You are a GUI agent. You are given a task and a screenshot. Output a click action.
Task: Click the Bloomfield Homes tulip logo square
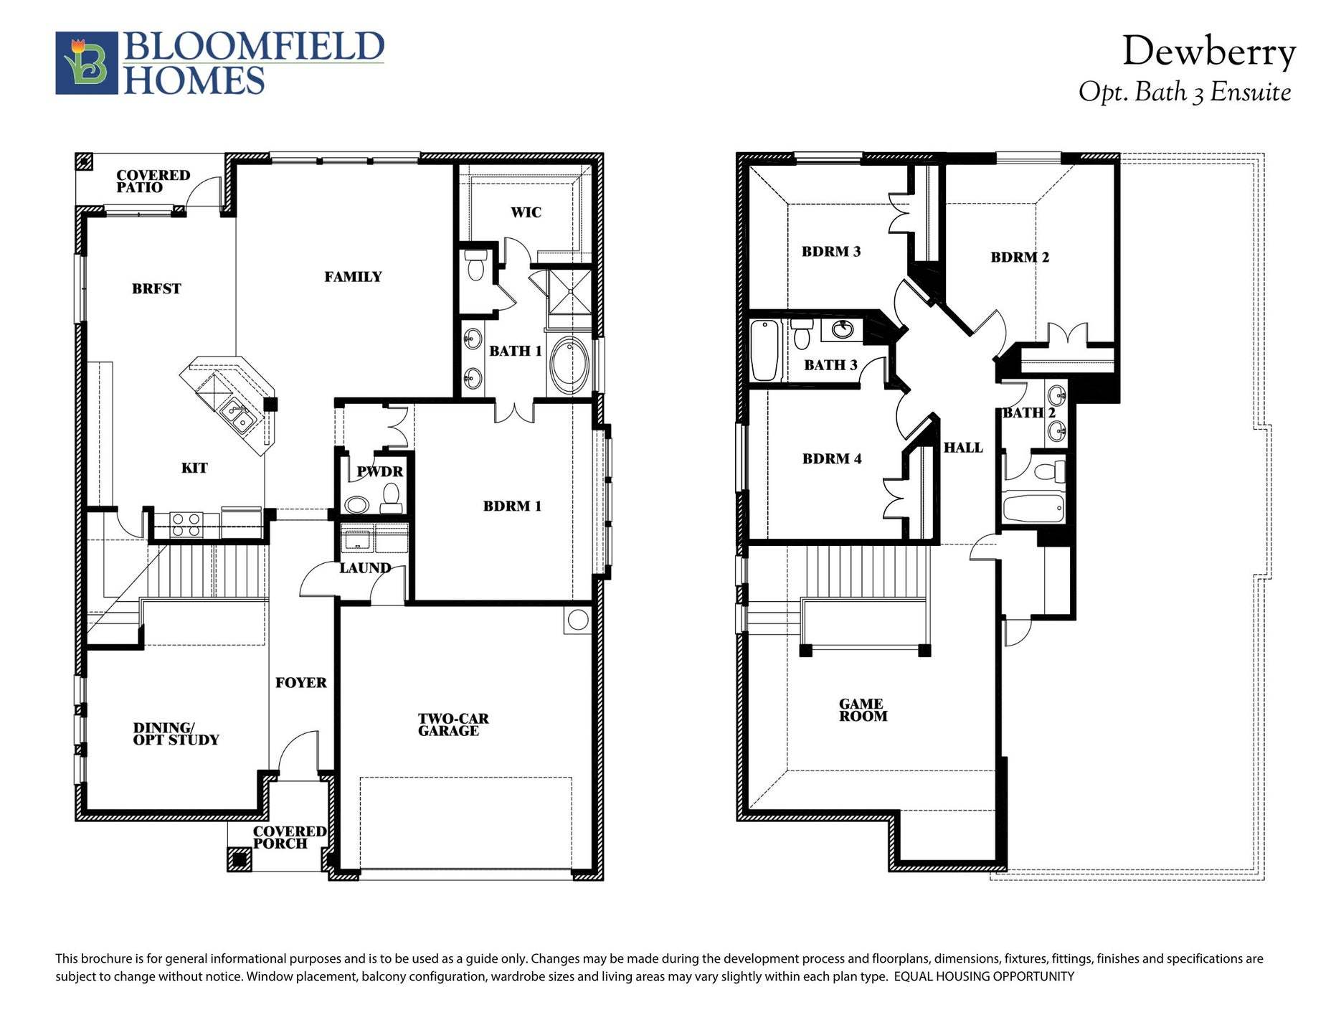click(87, 63)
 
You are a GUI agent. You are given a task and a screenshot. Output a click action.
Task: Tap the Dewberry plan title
click(1208, 52)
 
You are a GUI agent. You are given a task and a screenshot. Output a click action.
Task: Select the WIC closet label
click(526, 212)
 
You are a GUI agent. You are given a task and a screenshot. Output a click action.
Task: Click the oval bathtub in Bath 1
click(569, 364)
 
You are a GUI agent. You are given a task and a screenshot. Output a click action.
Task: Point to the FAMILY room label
click(353, 277)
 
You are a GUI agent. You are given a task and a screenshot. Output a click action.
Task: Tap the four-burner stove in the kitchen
click(186, 524)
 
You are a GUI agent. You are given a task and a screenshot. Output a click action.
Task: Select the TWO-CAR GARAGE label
click(453, 725)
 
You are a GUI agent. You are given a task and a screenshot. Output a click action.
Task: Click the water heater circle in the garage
click(577, 620)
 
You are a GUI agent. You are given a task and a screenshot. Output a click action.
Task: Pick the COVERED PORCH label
click(289, 837)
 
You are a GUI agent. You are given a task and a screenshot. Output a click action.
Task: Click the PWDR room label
click(380, 472)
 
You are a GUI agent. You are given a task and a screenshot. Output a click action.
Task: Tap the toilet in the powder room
click(391, 497)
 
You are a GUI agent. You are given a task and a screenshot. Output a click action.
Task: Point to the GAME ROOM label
click(863, 710)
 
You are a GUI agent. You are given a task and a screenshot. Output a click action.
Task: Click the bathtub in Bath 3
click(765, 350)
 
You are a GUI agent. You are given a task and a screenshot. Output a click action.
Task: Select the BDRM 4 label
click(832, 459)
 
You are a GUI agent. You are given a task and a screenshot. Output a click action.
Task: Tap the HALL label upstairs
click(963, 448)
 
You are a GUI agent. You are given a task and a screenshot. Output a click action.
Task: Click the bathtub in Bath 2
click(1033, 509)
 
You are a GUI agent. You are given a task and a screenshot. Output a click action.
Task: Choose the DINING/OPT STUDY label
click(176, 734)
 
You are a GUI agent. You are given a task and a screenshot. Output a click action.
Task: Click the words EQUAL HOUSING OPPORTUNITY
click(984, 976)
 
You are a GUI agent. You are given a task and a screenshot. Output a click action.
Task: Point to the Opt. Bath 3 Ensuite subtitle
click(1185, 93)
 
